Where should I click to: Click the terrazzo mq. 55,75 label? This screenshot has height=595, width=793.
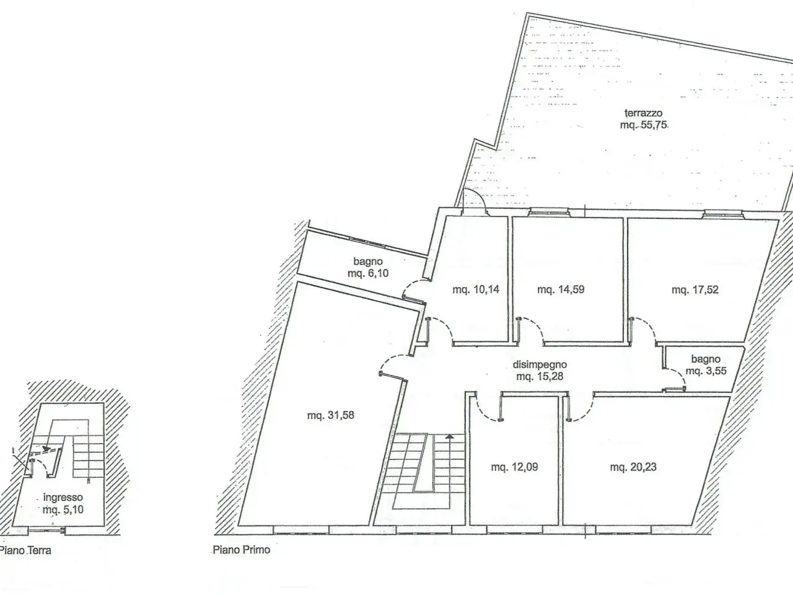click(x=644, y=119)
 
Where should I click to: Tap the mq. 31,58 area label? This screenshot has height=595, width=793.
click(x=331, y=415)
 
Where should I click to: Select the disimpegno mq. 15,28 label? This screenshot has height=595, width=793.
click(x=540, y=370)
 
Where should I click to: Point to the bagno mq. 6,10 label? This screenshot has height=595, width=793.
click(x=368, y=267)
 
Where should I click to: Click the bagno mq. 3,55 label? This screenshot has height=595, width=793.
click(x=706, y=365)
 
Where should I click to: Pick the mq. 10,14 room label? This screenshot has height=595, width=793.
click(x=476, y=289)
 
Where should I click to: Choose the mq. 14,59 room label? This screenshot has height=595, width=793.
click(x=561, y=289)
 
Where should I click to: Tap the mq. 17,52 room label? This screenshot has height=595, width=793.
click(x=694, y=289)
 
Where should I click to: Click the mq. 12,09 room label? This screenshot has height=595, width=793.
click(x=514, y=467)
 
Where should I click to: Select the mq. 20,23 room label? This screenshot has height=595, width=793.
click(x=633, y=467)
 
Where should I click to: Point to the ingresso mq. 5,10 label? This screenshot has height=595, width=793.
click(x=63, y=504)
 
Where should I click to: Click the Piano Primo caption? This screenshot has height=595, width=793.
click(x=242, y=550)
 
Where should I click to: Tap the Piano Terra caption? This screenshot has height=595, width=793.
click(x=25, y=550)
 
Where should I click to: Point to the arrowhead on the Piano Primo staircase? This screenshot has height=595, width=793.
click(x=449, y=437)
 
